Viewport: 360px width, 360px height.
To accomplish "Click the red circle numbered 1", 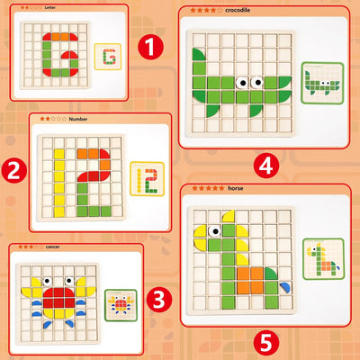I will pos(154,44).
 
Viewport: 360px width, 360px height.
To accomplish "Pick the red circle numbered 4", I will pos(264,165).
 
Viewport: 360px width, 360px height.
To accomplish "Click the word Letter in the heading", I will pos(49,6).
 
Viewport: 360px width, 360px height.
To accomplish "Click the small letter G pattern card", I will pos(110,56).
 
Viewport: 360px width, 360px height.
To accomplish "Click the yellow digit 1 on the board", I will pos(58,175).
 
